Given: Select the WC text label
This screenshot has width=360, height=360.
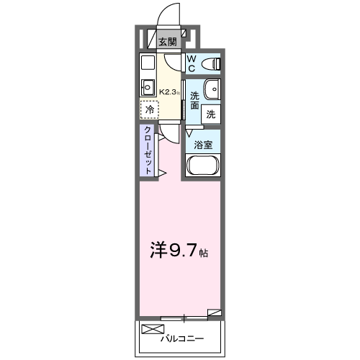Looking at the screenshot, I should click(x=192, y=63).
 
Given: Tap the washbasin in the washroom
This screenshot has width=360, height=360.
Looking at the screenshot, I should click(x=213, y=89).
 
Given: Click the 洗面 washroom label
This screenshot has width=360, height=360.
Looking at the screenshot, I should click(x=194, y=101).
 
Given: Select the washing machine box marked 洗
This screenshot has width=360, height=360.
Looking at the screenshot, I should click(x=211, y=113).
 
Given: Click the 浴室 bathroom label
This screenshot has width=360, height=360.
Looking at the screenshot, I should click(x=203, y=144).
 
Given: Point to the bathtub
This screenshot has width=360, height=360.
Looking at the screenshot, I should click(x=204, y=167).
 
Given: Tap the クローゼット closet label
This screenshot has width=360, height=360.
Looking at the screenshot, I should click(x=148, y=150).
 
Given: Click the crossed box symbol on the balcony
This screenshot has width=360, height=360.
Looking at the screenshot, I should click(x=153, y=330).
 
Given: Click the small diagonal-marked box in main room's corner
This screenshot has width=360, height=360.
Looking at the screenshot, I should click(x=214, y=313).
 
